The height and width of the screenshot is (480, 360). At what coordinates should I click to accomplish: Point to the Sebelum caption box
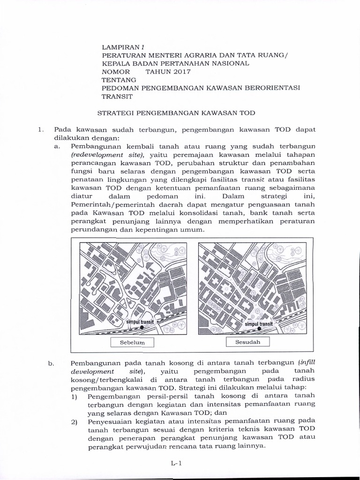click(x=132, y=343)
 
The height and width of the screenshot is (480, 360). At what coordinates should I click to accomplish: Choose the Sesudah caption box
click(x=248, y=342)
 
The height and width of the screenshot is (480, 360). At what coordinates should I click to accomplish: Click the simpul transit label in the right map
click(x=259, y=324)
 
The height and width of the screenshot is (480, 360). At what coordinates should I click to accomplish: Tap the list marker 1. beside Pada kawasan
click(x=40, y=129)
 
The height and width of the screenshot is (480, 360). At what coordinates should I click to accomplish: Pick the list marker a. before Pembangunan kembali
click(x=58, y=146)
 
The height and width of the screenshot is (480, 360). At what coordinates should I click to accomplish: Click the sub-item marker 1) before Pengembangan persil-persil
click(x=74, y=397)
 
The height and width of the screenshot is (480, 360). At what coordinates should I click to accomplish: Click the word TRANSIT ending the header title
click(x=118, y=97)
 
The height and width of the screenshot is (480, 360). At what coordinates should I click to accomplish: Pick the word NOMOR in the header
click(x=115, y=72)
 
